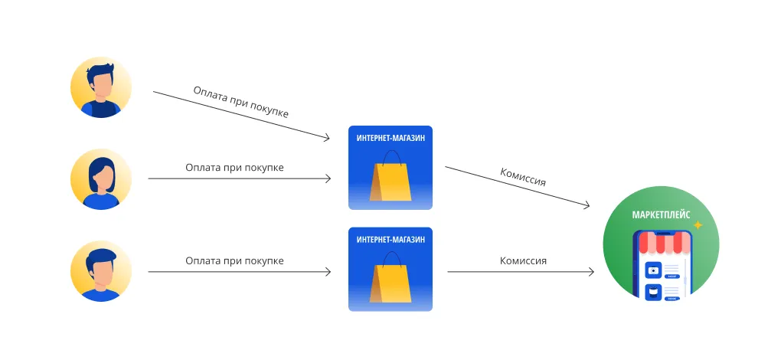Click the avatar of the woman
[x=101, y=179]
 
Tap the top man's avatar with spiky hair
[x=101, y=87]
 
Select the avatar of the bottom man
[x=101, y=271]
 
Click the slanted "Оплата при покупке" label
[x=240, y=101]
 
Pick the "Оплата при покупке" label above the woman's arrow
[x=234, y=166]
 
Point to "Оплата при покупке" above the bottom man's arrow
[x=234, y=260]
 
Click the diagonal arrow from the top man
[x=241, y=116]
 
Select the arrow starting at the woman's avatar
[x=239, y=179]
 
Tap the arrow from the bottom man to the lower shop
[x=239, y=272]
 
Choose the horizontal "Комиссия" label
[x=523, y=260]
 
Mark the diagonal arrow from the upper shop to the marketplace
[x=517, y=186]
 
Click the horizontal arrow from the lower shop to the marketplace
[x=521, y=272]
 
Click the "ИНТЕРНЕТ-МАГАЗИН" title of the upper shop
[x=390, y=138]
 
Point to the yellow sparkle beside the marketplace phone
[x=698, y=225]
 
